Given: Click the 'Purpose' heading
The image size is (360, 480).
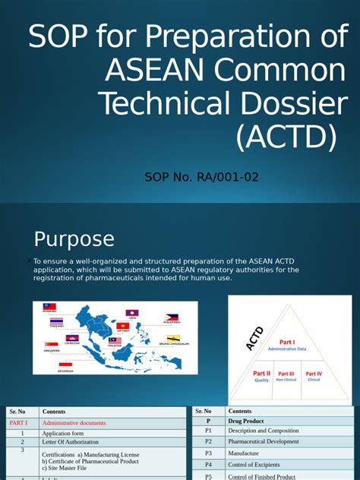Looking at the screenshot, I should coord(74,238).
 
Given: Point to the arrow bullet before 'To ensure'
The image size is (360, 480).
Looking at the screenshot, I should coord(29,261).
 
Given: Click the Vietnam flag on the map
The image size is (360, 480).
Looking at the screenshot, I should coord(122,326).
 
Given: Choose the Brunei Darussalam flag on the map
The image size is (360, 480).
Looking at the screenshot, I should coord(173,339).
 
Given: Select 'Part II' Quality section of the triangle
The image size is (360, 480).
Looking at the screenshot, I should coord(261,374).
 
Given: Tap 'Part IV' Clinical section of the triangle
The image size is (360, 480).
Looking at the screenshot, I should coord(314,374).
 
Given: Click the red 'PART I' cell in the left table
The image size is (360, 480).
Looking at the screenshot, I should coord(18,423).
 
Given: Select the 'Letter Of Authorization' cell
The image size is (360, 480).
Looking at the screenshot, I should coord(71,442).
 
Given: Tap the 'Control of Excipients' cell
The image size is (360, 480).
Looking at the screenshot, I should coord(261,464).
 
